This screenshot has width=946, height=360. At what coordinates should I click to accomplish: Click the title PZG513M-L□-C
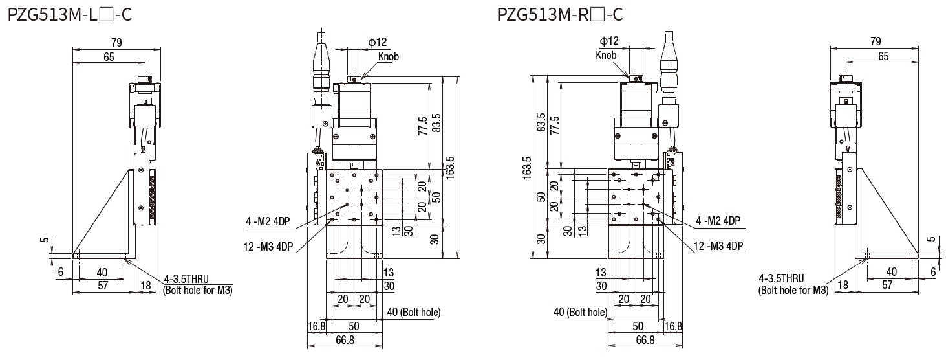coord(70,14)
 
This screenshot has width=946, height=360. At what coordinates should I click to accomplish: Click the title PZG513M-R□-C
coord(561,14)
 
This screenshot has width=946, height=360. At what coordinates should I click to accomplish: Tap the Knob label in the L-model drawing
coord(388,56)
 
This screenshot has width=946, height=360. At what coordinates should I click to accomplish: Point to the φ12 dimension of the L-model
coord(378,42)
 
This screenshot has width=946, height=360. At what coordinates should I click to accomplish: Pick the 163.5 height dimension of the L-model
coord(451,167)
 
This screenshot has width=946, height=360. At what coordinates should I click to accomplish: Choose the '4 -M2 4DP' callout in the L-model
coord(268,222)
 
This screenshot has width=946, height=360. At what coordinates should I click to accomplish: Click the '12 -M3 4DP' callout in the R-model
coord(718,246)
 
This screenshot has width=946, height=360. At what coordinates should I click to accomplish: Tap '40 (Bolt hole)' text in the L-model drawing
coord(413,312)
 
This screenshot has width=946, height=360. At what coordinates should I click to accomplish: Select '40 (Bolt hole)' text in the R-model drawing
coord(581,313)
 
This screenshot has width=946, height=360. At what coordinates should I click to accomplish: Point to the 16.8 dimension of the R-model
coord(674,326)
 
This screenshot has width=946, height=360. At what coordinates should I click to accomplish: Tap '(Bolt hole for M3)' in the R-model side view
coord(792,289)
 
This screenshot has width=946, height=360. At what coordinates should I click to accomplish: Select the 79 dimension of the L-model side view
coord(116,42)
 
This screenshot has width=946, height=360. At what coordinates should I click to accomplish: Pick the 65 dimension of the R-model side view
coord(883,57)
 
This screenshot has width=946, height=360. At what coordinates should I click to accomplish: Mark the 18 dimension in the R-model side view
coord(843,284)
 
